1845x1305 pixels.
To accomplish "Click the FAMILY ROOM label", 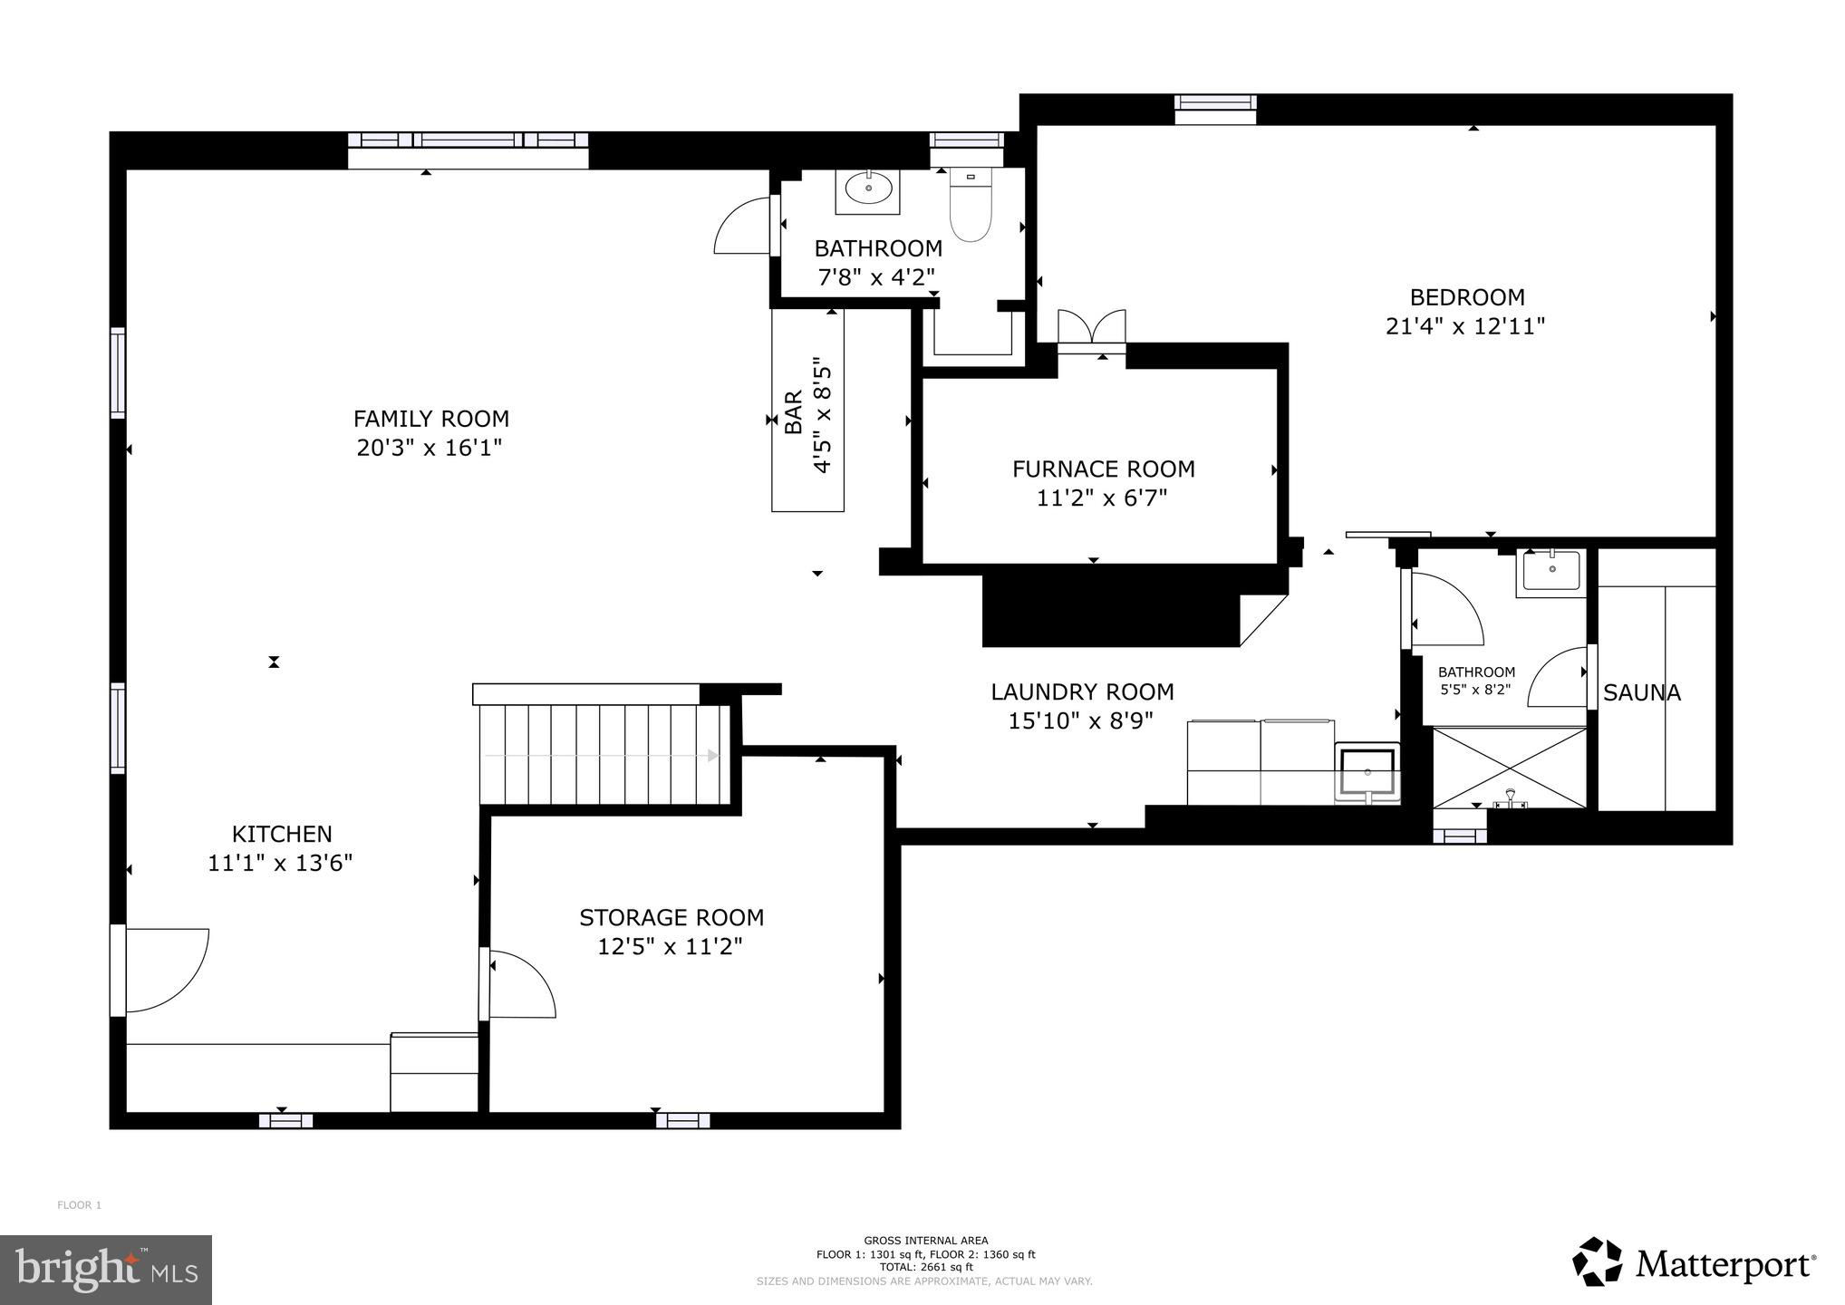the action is [431, 419].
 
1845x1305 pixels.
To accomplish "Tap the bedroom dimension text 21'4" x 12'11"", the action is [1465, 326].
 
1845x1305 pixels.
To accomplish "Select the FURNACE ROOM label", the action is [1104, 469].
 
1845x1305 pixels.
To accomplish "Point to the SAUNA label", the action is [1642, 693].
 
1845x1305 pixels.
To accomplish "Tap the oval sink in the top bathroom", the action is [868, 188].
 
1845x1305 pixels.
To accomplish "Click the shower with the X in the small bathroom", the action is [1509, 767].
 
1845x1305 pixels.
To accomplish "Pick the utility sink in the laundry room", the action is [1367, 773].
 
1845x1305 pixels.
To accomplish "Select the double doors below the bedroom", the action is [1091, 327].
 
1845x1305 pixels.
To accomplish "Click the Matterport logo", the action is [1693, 1261].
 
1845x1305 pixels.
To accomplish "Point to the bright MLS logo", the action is [106, 1270].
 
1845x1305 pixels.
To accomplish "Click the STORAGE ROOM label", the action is [671, 918].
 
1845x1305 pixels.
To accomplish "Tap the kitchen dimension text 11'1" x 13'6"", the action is [280, 863].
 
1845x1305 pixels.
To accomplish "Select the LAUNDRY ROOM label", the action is [1082, 692].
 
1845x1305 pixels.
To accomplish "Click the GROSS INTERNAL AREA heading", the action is [925, 1241].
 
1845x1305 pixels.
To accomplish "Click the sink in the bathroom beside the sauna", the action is [1552, 571].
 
